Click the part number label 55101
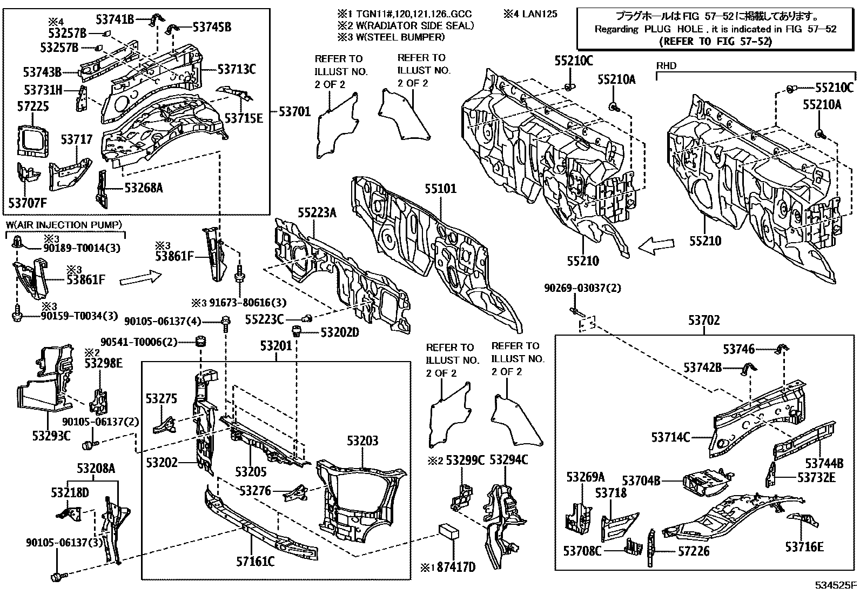point(440,189)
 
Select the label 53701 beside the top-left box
point(294,112)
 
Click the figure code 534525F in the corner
point(836,585)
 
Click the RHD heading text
point(666,66)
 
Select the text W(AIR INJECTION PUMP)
point(64,224)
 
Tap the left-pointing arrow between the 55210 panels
point(656,246)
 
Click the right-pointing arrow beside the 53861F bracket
point(140,278)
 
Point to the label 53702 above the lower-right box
point(704,321)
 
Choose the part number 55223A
point(317,213)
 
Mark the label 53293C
point(51,436)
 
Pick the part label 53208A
point(96,469)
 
